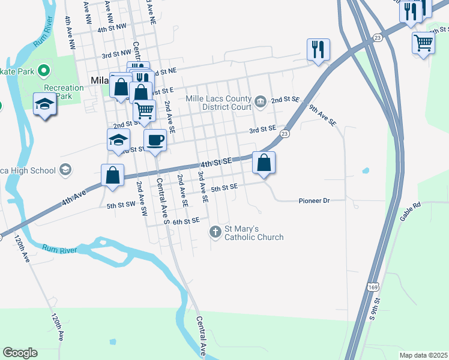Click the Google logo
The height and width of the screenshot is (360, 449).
pyautogui.click(x=20, y=353)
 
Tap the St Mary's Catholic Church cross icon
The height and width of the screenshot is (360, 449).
pyautogui.click(x=215, y=232)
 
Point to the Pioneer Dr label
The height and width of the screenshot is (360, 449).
pyautogui.click(x=315, y=200)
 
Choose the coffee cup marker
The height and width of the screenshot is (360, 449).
pyautogui.click(x=155, y=140)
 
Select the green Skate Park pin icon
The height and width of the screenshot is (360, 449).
pyautogui.click(x=43, y=72)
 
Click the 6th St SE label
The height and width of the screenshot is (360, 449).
pyautogui.click(x=185, y=221)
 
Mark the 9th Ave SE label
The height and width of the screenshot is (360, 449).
pyautogui.click(x=323, y=115)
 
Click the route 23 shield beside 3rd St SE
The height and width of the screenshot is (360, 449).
pyautogui.click(x=285, y=134)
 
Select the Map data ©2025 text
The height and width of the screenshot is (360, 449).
pyautogui.click(x=423, y=355)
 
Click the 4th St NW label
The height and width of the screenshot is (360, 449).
pyautogui.click(x=112, y=28)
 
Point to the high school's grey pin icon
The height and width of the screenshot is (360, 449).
pyautogui.click(x=65, y=170)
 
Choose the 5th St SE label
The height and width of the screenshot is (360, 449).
pyautogui.click(x=224, y=187)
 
